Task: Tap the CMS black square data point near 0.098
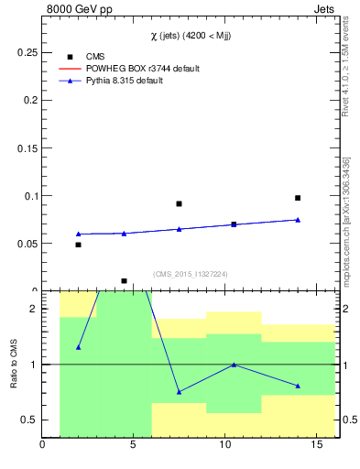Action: [x=298, y=198]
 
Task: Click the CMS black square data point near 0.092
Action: [x=179, y=203]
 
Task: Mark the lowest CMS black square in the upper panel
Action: [x=124, y=280]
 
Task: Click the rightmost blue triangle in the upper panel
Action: [x=298, y=220]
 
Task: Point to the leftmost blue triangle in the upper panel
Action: [x=79, y=234]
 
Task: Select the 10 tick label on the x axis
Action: [x=225, y=446]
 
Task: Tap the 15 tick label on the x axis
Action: [x=317, y=446]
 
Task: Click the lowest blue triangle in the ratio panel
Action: [x=179, y=392]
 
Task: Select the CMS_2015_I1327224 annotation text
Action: [x=190, y=273]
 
